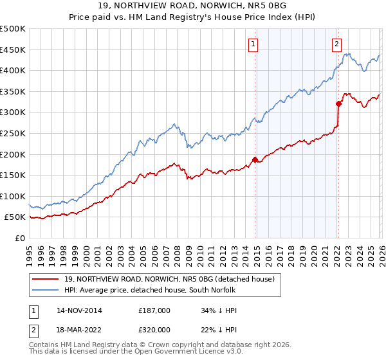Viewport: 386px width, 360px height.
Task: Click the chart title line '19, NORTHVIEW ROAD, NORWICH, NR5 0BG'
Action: tap(193, 6)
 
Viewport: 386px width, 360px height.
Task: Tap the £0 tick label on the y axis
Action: tap(19, 238)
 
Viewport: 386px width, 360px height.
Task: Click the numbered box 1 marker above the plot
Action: tap(253, 44)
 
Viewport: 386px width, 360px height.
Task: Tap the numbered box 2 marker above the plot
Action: tap(336, 44)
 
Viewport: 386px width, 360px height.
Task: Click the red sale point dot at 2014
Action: tap(255, 159)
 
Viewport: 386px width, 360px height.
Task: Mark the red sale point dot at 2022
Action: tap(338, 103)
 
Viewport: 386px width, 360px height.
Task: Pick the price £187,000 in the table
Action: tap(154, 310)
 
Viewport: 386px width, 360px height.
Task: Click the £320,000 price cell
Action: tap(154, 330)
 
